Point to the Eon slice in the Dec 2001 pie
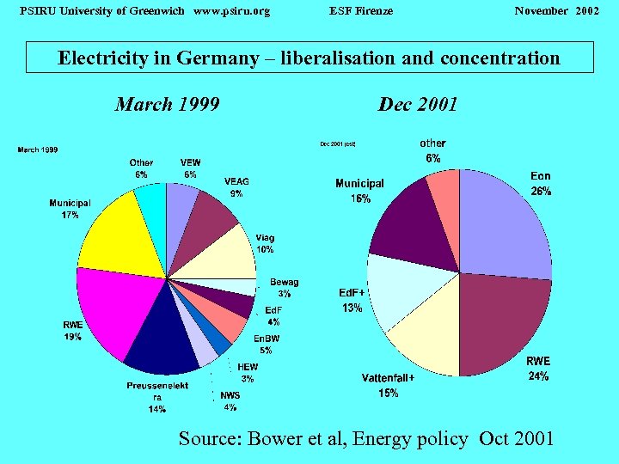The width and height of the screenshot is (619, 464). pyautogui.click(x=507, y=223)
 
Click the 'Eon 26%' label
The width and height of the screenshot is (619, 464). pyautogui.click(x=541, y=184)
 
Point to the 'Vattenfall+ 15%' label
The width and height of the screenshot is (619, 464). pyautogui.click(x=388, y=386)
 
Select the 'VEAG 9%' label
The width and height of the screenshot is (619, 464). pyautogui.click(x=236, y=187)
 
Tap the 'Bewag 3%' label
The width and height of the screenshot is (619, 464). pyautogui.click(x=284, y=288)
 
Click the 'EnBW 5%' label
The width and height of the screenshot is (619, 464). pyautogui.click(x=266, y=344)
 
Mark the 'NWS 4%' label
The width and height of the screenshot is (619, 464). pyautogui.click(x=230, y=401)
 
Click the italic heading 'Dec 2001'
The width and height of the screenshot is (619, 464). pyautogui.click(x=418, y=104)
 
